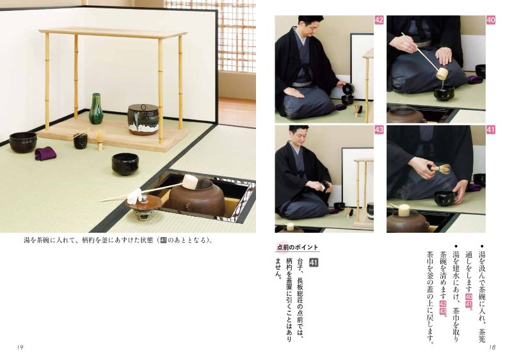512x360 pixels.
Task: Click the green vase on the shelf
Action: click(95, 109)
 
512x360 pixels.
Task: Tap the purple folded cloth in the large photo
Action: click(45, 153)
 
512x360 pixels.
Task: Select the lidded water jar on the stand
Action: click(143, 119)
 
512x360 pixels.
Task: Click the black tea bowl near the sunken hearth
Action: click(125, 164)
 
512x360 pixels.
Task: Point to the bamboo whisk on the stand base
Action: click(100, 139)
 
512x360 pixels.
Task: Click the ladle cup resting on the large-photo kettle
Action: click(189, 182)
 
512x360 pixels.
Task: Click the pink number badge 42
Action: click(379, 20)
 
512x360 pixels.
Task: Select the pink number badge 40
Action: click(491, 20)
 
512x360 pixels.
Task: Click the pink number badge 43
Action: click(379, 130)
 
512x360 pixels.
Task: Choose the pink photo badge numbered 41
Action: click(491, 130)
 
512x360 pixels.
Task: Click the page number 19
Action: click(20, 347)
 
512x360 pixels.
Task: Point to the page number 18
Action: click(492, 347)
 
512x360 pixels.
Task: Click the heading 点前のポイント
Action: click(297, 247)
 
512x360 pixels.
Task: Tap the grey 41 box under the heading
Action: click(314, 262)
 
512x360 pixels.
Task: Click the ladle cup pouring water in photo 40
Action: click(442, 74)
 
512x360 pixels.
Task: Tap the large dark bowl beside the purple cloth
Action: click(23, 143)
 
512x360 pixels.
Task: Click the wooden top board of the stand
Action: click(113, 33)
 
